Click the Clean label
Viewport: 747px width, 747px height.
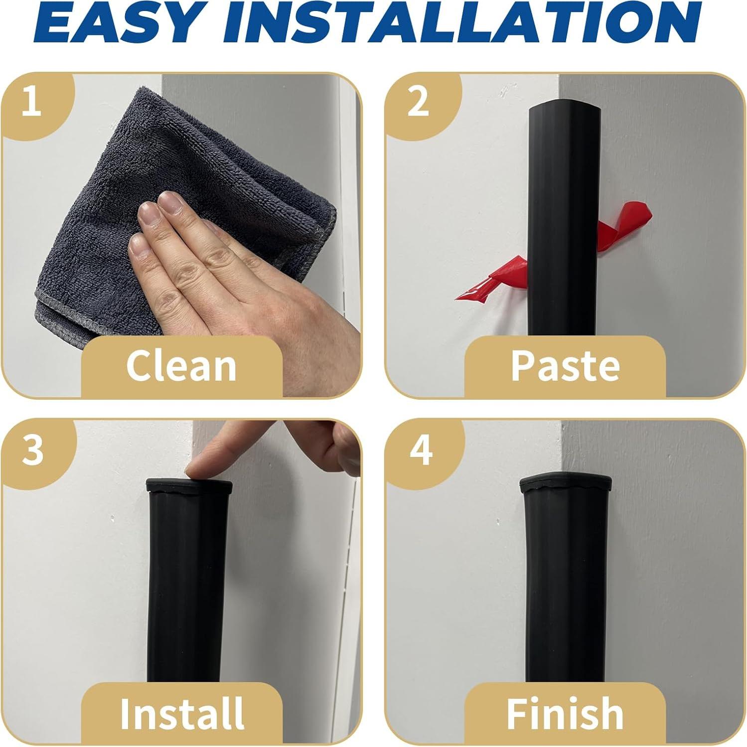[181, 366]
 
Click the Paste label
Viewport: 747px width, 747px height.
[565, 366]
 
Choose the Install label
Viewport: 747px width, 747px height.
[182, 713]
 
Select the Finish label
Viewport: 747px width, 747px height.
[565, 713]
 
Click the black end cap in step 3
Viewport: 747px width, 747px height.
[189, 485]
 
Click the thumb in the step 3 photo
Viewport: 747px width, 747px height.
[344, 446]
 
